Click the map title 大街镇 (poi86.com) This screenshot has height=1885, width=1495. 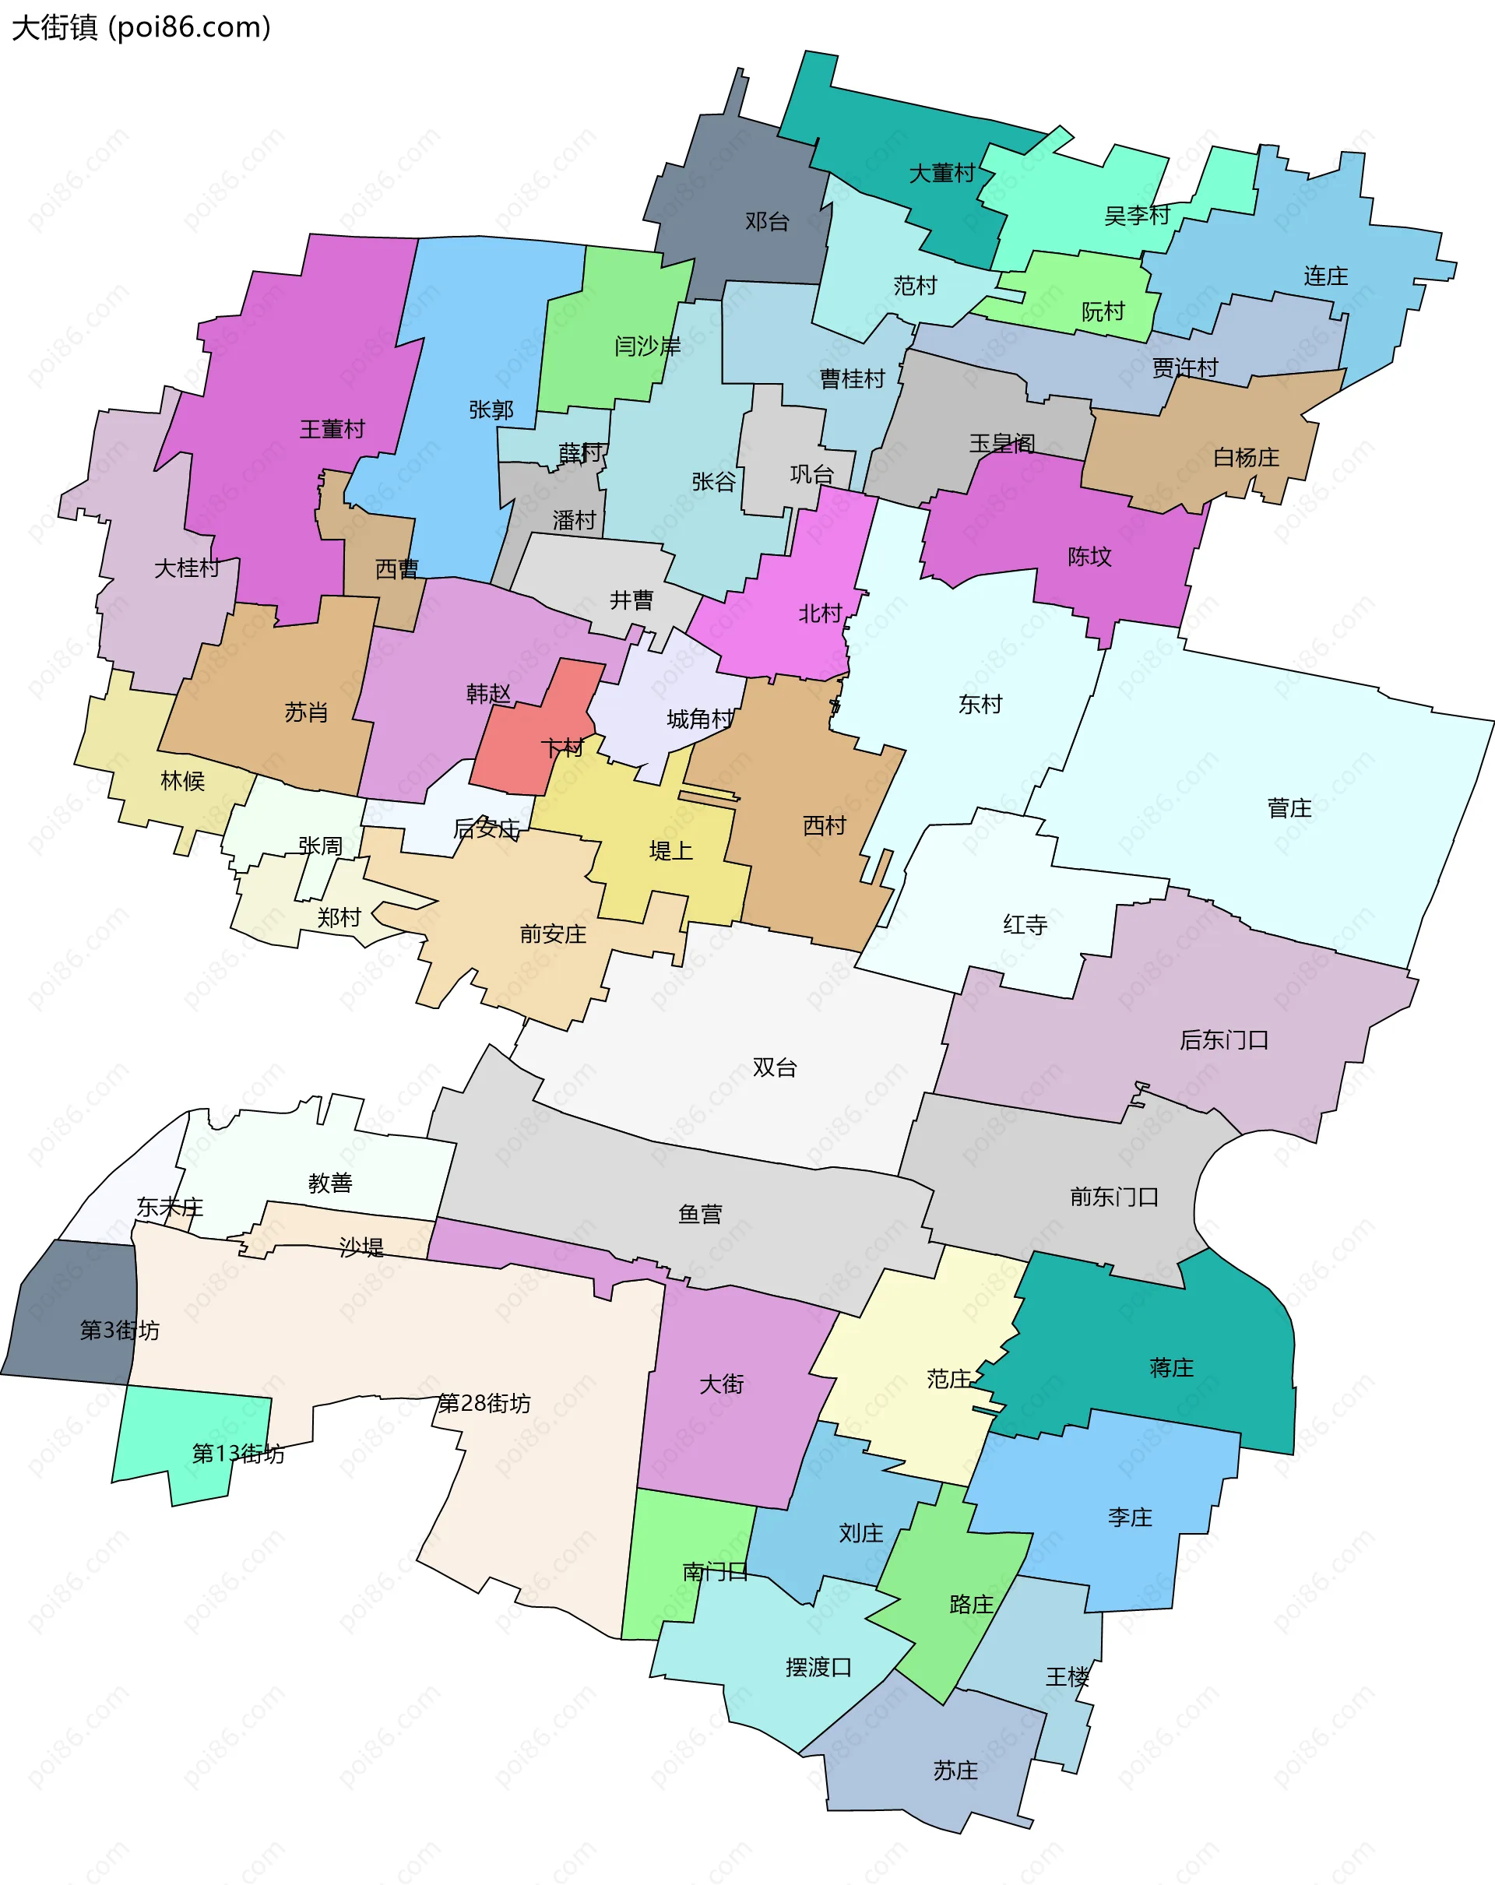[x=141, y=28]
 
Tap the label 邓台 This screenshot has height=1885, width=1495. [x=767, y=221]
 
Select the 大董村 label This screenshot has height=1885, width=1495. [x=941, y=173]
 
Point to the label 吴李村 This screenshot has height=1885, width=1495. [x=1137, y=215]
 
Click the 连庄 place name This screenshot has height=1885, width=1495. [x=1325, y=276]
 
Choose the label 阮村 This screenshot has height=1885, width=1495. [x=1103, y=311]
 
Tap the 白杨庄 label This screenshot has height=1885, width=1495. [x=1246, y=457]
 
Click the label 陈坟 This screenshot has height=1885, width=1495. [x=1089, y=556]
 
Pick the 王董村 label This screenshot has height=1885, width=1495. [x=332, y=428]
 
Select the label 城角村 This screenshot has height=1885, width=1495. [x=699, y=719]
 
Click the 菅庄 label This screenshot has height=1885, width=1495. [x=1289, y=808]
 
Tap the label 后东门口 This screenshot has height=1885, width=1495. [x=1224, y=1039]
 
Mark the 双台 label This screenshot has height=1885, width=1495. [x=775, y=1067]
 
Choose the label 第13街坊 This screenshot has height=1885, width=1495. [x=237, y=1453]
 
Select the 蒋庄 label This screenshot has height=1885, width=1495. [x=1172, y=1367]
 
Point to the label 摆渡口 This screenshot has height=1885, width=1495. [x=818, y=1666]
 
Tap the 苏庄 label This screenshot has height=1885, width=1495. [x=955, y=1770]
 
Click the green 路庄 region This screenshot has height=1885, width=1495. [x=953, y=1617]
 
